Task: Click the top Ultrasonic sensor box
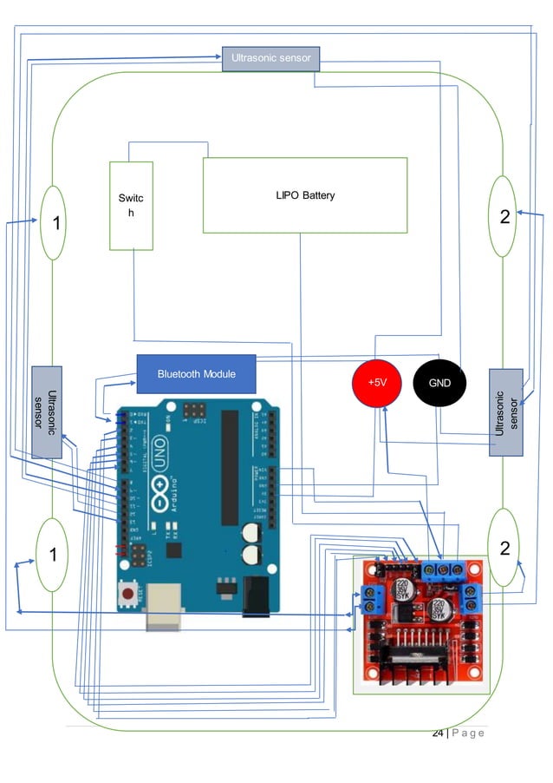271,58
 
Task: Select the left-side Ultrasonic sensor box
47,411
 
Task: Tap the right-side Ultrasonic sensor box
505,412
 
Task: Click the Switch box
131,205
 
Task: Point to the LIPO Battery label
304,195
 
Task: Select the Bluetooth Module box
197,373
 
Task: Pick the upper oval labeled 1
53,222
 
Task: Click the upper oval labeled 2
504,216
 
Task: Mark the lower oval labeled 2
504,549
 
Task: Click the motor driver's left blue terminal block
374,599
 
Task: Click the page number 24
438,734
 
